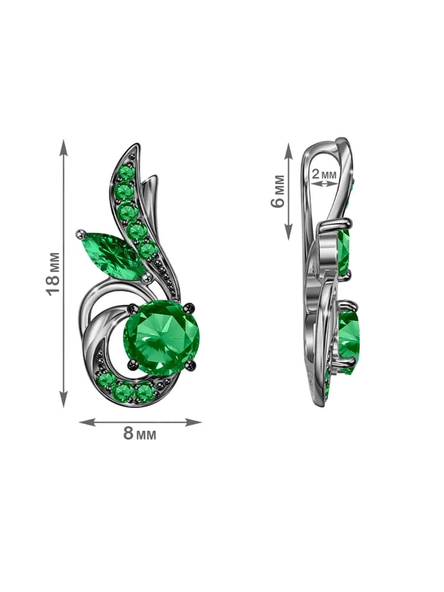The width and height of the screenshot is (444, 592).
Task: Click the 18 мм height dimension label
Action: pyautogui.click(x=53, y=274)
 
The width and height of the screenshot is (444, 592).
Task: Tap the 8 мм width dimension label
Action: pyautogui.click(x=140, y=434)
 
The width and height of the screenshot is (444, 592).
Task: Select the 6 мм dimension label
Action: pyautogui.click(x=278, y=191)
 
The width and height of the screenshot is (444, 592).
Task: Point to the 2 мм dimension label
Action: pyautogui.click(x=324, y=174)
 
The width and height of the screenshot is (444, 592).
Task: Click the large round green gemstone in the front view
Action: pyautogui.click(x=162, y=336)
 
